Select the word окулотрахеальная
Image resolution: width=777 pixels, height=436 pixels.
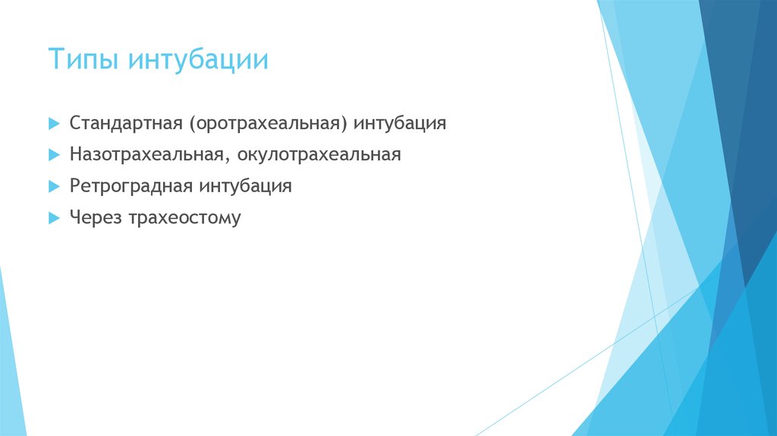(319, 155)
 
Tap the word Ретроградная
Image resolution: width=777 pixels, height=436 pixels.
(132, 186)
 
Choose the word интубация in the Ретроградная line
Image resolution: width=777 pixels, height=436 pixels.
(246, 186)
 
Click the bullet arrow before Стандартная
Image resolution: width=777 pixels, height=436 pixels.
(54, 123)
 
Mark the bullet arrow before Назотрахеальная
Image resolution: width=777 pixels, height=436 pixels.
(54, 155)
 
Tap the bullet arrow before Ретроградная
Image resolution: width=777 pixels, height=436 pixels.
(54, 186)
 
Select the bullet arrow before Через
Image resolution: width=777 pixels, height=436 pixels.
(54, 218)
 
